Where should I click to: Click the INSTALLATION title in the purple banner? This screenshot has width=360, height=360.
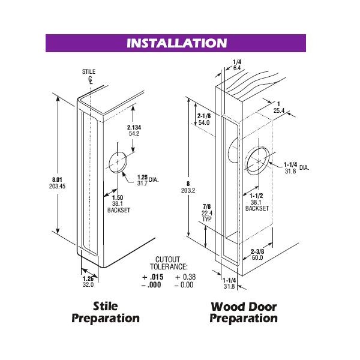point(176,43)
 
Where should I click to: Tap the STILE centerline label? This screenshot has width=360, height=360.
point(89,71)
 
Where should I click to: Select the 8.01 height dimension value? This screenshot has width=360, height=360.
point(57,180)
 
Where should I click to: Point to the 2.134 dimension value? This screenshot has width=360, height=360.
point(134,127)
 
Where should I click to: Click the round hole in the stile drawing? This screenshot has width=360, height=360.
point(118,162)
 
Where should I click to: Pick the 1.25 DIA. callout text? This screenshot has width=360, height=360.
point(148,178)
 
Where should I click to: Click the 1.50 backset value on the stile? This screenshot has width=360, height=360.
point(118,197)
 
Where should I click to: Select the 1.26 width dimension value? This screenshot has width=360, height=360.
point(88,279)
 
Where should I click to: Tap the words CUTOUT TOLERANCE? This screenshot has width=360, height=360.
point(169,263)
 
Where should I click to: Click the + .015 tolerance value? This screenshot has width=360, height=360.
point(153,277)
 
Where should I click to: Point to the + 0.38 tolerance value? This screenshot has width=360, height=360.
point(185,277)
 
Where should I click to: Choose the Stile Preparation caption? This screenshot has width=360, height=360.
point(106,313)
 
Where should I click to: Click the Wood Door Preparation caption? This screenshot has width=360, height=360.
point(244,313)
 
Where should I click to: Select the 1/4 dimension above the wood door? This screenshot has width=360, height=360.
point(237,62)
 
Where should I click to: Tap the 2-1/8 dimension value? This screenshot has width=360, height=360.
point(204,116)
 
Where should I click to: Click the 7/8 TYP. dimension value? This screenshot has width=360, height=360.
point(207,213)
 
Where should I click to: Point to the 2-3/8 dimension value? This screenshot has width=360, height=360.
point(257,251)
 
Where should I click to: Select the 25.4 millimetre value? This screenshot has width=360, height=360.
point(279,110)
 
